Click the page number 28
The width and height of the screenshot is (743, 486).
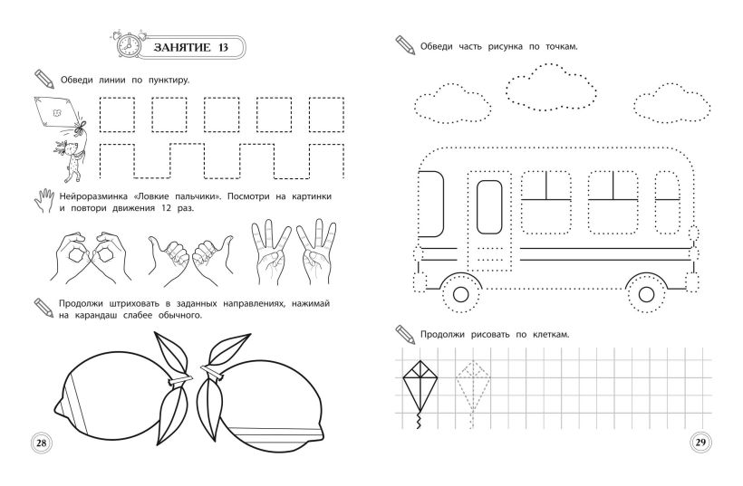pos(41,443)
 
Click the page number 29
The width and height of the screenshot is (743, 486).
pos(700,443)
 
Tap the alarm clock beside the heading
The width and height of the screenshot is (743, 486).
pos(128,45)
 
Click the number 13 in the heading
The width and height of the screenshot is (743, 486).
pos(222,47)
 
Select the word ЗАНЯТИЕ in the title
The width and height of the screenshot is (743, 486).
pos(182,47)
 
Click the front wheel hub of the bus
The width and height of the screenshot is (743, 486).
pos(460,294)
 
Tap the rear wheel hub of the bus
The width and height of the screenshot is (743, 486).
pos(646,294)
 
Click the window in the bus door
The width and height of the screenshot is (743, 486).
pos(489,206)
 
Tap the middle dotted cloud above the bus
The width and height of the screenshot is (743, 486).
pos(551,87)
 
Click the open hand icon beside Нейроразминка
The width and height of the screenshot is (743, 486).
pos(44,201)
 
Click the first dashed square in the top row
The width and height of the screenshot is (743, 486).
pos(117,115)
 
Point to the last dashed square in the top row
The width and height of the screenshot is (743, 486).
pos(326,115)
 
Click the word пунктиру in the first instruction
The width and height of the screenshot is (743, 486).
pos(169,80)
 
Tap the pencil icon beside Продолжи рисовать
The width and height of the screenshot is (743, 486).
pos(405,334)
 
